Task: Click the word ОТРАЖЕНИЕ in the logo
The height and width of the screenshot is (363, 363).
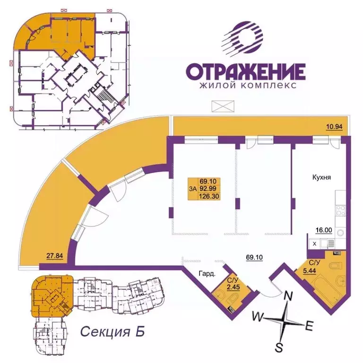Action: click(x=245, y=72)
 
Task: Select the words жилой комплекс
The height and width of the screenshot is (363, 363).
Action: click(x=248, y=86)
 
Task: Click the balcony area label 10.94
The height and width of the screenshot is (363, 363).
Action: click(x=333, y=126)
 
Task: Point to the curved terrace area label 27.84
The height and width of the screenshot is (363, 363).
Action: click(x=55, y=257)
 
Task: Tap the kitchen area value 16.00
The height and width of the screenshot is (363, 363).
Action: click(x=324, y=231)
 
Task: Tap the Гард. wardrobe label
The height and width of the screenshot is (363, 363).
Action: click(x=207, y=273)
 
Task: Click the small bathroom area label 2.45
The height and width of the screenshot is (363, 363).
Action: click(x=233, y=285)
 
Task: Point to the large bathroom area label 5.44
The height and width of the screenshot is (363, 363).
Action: click(x=311, y=271)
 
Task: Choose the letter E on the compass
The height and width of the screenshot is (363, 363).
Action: click(x=309, y=326)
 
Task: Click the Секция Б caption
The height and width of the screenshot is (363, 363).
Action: click(x=112, y=331)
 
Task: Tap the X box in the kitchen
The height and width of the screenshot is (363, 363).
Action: click(x=314, y=243)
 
